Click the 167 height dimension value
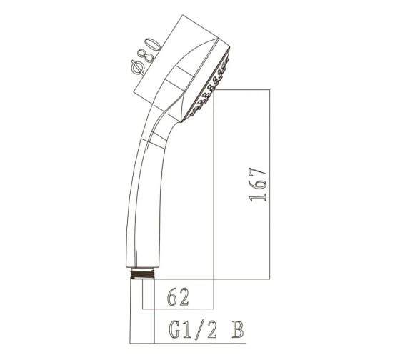(x=258, y=185)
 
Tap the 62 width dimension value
(x=178, y=297)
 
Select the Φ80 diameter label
(x=146, y=56)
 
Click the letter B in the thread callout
(x=238, y=330)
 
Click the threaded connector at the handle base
(x=143, y=274)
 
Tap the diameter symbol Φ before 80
(x=139, y=68)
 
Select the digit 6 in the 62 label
(x=172, y=297)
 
